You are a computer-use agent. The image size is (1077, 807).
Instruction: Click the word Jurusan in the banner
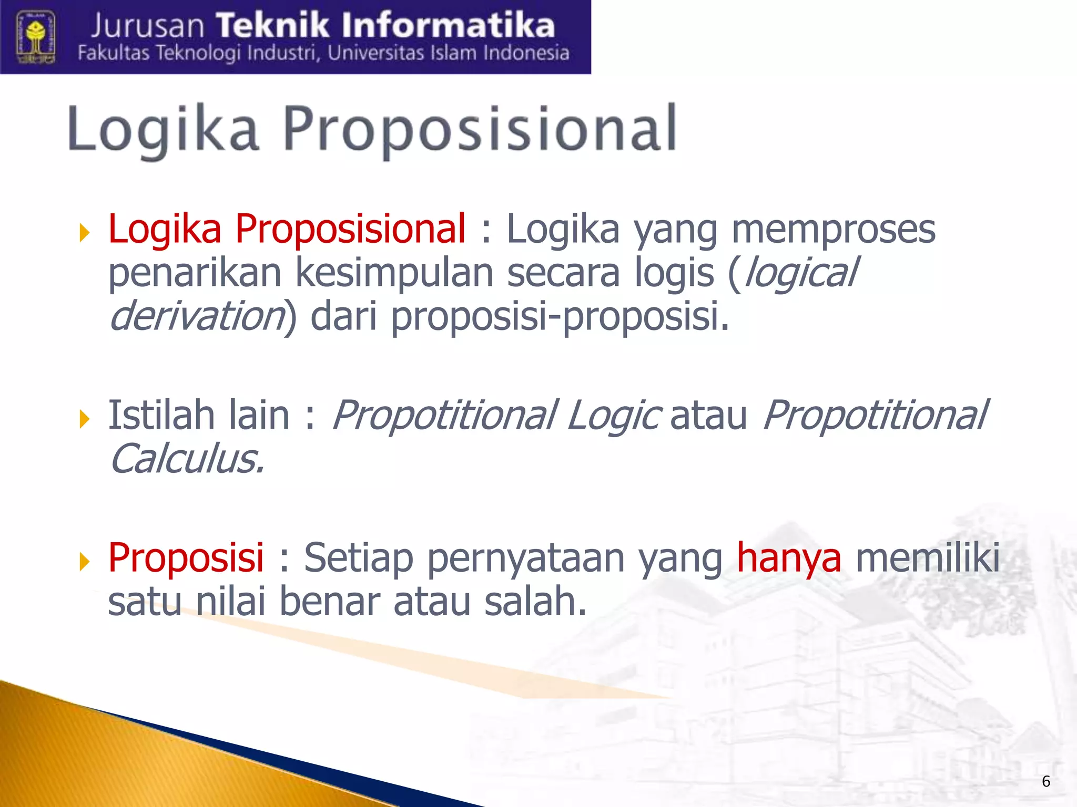tap(147, 26)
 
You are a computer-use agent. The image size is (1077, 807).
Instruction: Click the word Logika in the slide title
tap(163, 129)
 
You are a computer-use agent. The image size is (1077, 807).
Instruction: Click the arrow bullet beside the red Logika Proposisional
tap(85, 232)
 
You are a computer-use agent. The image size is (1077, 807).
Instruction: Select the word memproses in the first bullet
tap(834, 230)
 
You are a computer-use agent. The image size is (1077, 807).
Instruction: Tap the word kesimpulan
tap(394, 273)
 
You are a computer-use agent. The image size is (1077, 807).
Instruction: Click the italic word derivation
tap(197, 316)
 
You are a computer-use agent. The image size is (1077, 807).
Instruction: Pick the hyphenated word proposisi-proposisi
tap(560, 317)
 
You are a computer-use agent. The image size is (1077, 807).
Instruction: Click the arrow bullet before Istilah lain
tap(85, 419)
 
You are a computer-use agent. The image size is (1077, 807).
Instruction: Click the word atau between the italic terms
tap(708, 416)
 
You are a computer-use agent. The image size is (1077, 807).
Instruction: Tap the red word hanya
tap(788, 558)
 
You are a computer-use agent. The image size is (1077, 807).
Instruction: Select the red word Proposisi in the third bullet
tap(186, 557)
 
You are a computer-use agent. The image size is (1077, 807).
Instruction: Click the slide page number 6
tap(1046, 781)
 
